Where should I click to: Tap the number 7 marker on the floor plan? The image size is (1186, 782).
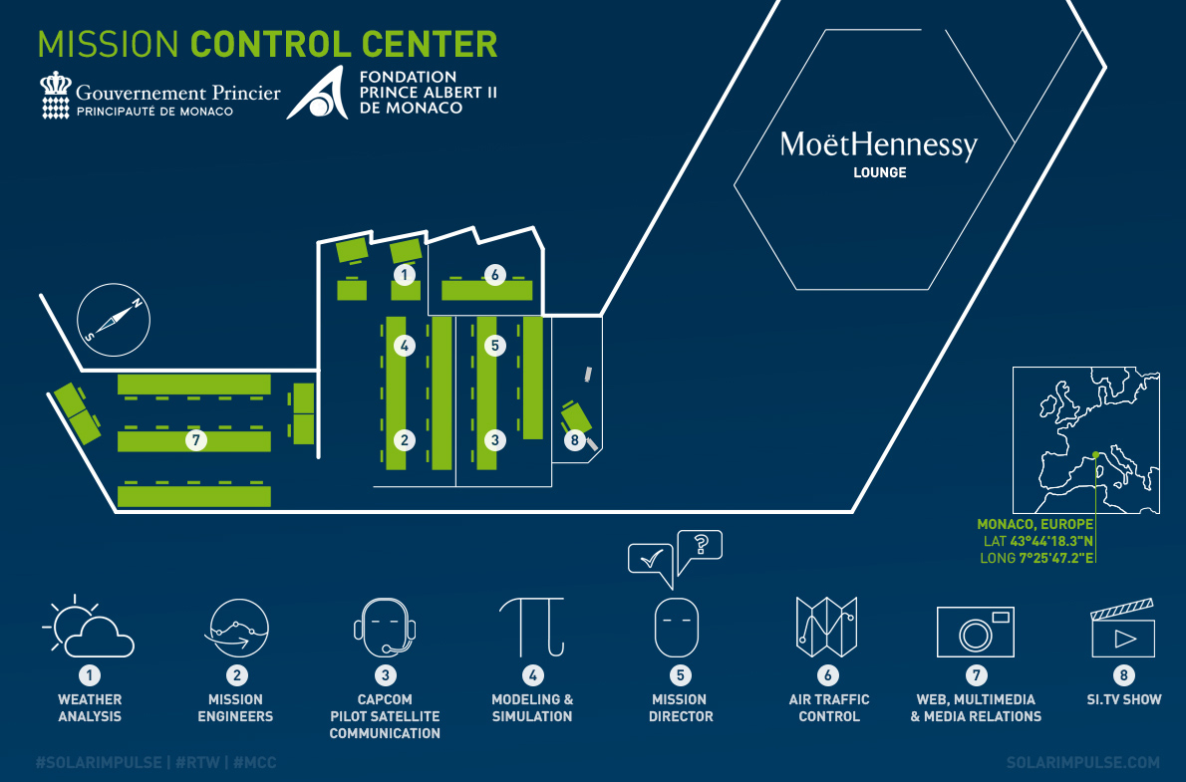coord(196,439)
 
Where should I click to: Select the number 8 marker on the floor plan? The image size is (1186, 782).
coord(573,439)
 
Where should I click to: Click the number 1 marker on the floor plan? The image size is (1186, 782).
coord(404,274)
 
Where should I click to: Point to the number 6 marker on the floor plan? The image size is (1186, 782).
coord(493,274)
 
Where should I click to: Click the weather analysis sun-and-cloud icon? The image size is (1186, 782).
coord(88,628)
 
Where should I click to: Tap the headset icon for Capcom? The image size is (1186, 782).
coord(385,628)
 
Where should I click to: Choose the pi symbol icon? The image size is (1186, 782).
coord(532,626)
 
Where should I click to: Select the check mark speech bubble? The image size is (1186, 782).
coord(651,559)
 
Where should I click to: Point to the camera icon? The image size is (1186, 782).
coord(975,632)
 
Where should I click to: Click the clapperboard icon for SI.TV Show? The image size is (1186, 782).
coord(1123,629)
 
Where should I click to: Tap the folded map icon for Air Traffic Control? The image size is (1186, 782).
coord(827,627)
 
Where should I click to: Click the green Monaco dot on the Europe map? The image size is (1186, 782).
coord(1095,455)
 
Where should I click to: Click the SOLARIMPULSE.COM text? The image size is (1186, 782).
coord(1083,762)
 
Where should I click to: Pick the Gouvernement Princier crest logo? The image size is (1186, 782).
coord(56,96)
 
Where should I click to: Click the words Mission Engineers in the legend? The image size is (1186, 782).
coord(235,708)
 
